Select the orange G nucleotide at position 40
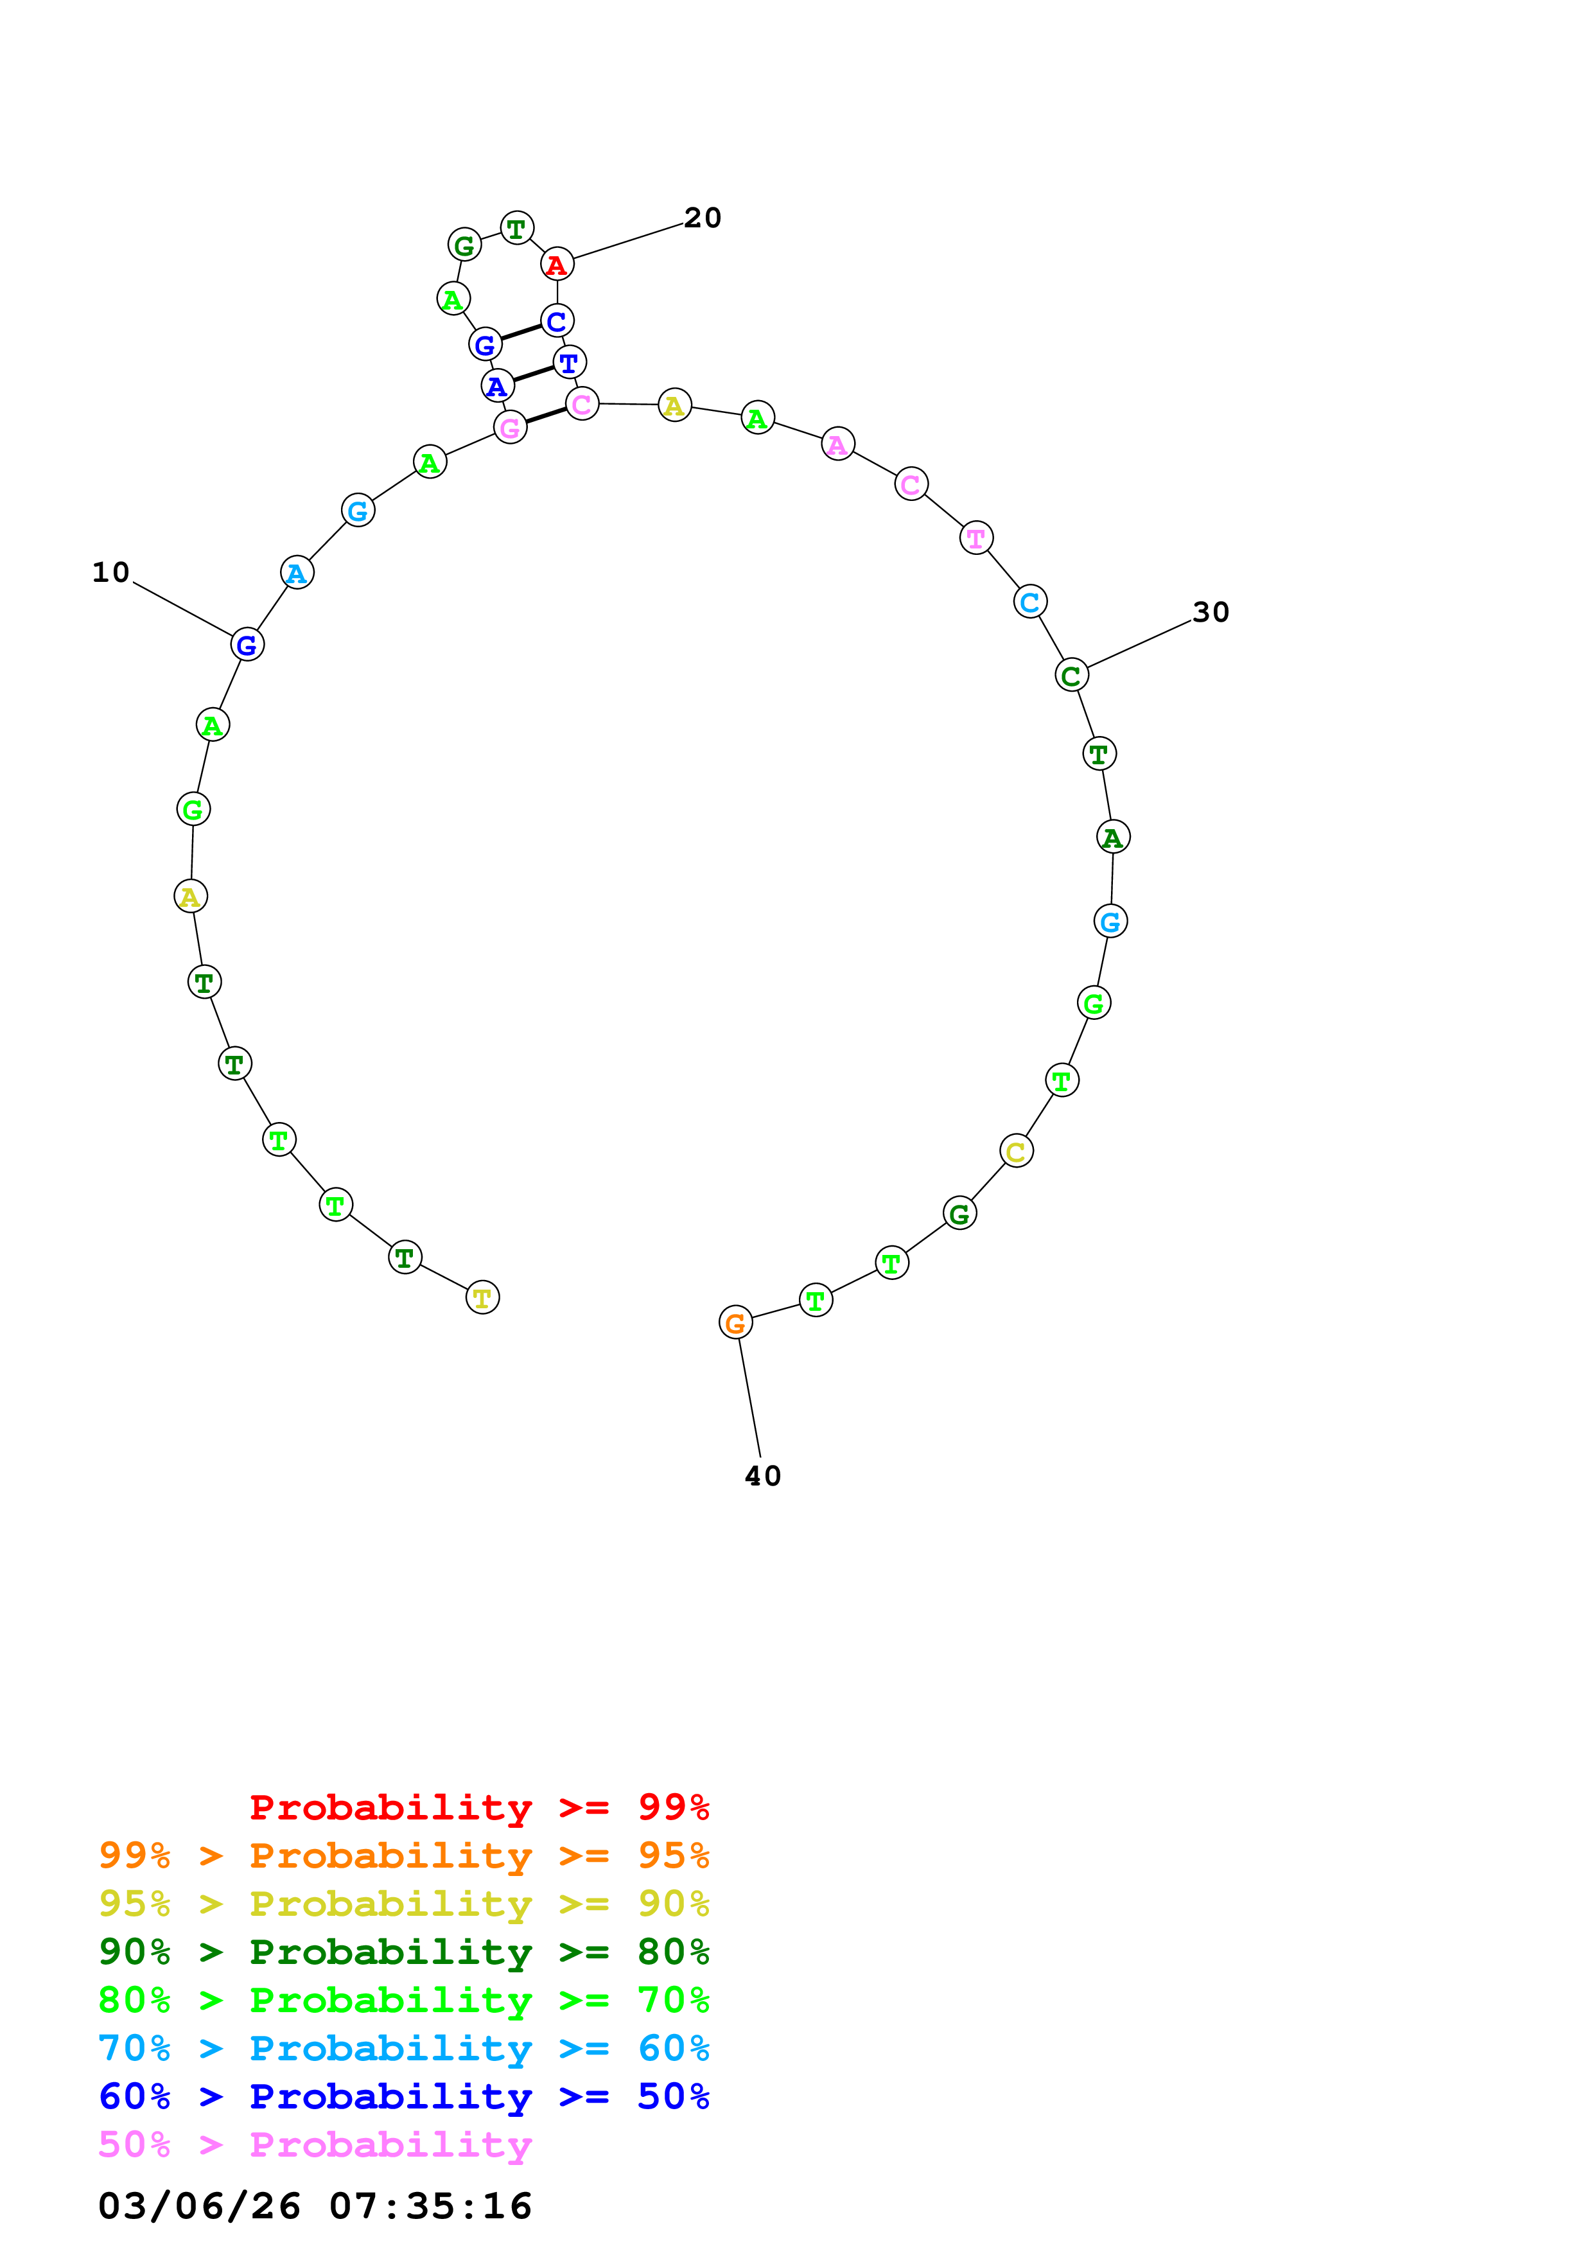click(x=736, y=1323)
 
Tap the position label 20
click(x=703, y=218)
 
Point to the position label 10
click(x=111, y=572)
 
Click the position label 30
click(x=1211, y=612)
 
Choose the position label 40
click(x=762, y=1476)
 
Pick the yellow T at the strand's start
click(x=482, y=1297)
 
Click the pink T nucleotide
click(x=976, y=538)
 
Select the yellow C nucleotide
click(x=1016, y=1151)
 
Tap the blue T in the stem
click(x=569, y=362)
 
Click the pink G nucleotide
click(x=510, y=427)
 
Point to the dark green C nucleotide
click(x=1071, y=675)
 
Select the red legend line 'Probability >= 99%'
click(x=478, y=1807)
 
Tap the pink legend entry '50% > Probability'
click(x=315, y=2145)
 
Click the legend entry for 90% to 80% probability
click(x=403, y=1952)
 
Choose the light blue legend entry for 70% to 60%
click(x=403, y=2049)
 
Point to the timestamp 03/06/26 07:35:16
click(x=315, y=2206)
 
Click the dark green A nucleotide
click(x=1112, y=837)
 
